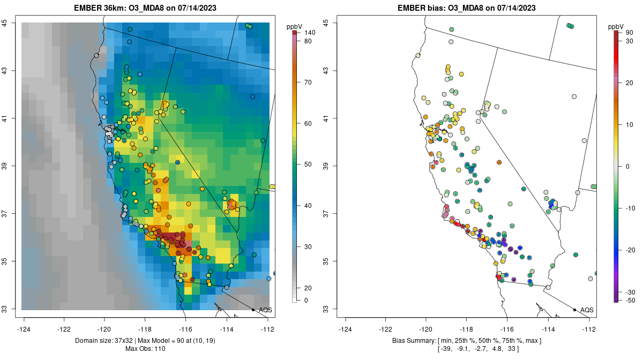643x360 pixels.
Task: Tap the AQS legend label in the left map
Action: coord(265,310)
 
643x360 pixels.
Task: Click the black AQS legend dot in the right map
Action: coord(574,310)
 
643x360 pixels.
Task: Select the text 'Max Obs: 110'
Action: coord(146,349)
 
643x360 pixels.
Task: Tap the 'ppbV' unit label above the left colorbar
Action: coord(294,26)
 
